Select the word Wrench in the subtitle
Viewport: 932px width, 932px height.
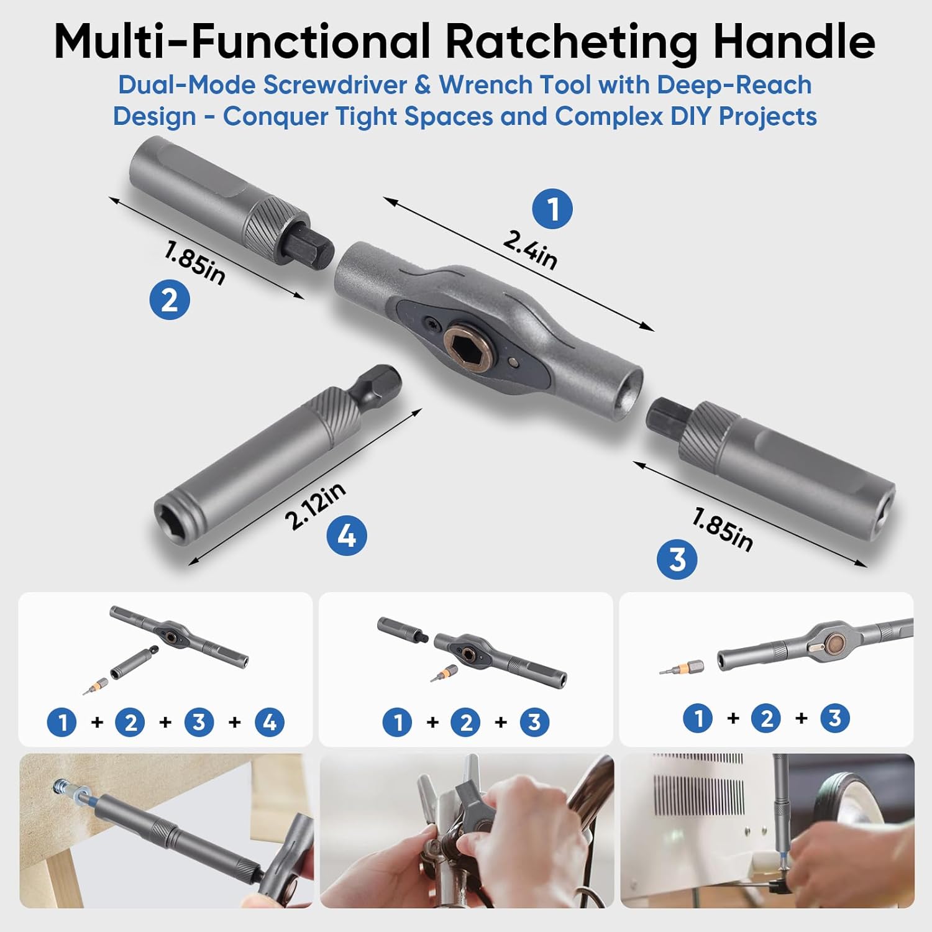pyautogui.click(x=483, y=85)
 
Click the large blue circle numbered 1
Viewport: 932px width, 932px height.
pyautogui.click(x=552, y=209)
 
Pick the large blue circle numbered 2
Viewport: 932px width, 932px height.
pyautogui.click(x=170, y=300)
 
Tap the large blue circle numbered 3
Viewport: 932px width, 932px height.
pyautogui.click(x=677, y=559)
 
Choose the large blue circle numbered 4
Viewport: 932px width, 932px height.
pyautogui.click(x=347, y=536)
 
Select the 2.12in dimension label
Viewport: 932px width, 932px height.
pyautogui.click(x=315, y=506)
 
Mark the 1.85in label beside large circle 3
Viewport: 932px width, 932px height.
pyautogui.click(x=723, y=529)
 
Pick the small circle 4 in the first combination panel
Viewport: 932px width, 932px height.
pyautogui.click(x=270, y=722)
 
